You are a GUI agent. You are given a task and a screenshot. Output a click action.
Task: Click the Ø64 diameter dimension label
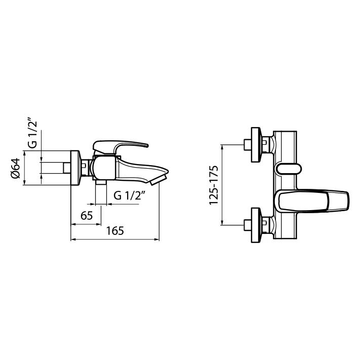[x=15, y=168]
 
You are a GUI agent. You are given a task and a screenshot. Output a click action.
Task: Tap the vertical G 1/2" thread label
[x=32, y=133]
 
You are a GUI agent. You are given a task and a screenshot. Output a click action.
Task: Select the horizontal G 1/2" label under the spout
[x=130, y=195]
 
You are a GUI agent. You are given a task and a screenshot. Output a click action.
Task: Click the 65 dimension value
[x=87, y=215]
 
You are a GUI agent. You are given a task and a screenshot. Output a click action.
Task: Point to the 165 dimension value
[x=115, y=231]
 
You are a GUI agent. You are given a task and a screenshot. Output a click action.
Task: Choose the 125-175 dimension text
[x=214, y=185]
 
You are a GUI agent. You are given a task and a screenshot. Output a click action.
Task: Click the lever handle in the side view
[x=120, y=147]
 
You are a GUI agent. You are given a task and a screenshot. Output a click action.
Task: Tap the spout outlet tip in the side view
[x=158, y=180]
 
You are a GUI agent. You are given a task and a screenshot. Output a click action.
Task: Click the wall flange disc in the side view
[x=75, y=168]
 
